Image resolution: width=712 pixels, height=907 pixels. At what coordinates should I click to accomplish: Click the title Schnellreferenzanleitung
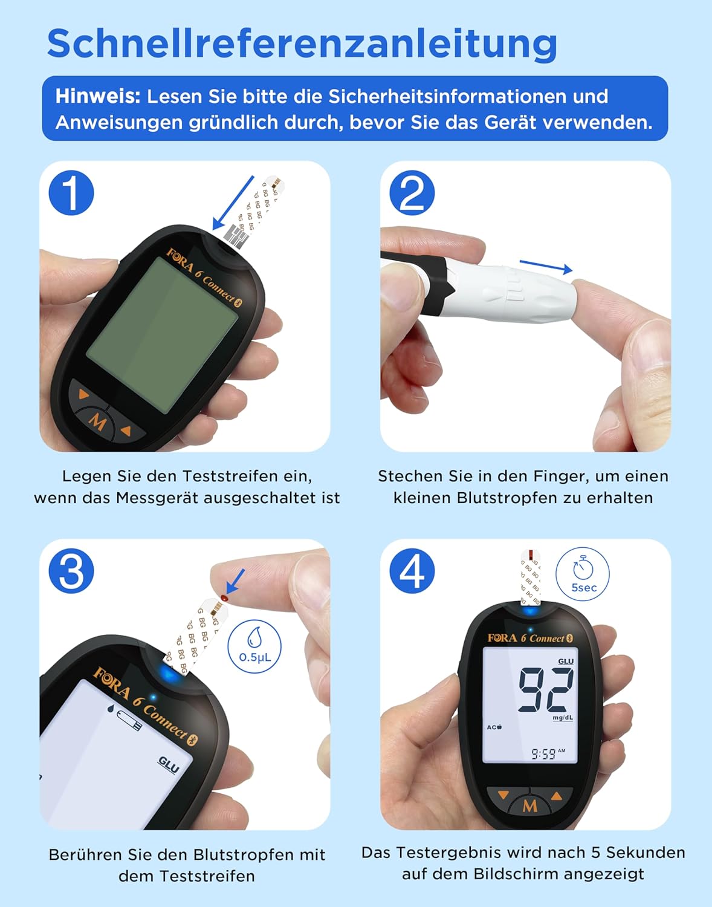[302, 44]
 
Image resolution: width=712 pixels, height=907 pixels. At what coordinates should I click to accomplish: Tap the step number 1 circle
[71, 193]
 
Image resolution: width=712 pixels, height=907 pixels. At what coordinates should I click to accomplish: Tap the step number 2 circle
[412, 193]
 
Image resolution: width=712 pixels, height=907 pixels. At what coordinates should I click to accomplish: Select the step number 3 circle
[71, 571]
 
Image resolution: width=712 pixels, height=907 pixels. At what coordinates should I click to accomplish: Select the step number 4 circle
[412, 571]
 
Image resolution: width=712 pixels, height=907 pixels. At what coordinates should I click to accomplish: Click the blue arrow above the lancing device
[546, 267]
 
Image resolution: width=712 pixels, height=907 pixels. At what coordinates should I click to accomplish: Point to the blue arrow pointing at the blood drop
[236, 582]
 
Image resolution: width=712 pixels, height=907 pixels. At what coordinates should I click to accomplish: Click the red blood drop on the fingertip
[224, 598]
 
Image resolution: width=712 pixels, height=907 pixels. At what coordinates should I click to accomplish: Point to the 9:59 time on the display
[543, 754]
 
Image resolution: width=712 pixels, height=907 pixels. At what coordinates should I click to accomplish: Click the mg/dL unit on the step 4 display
[563, 718]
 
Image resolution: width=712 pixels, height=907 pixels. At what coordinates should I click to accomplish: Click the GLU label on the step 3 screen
[169, 765]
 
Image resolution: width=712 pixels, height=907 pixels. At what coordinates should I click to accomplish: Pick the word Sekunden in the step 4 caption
[646, 853]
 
